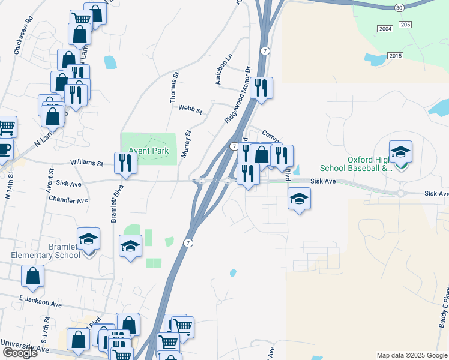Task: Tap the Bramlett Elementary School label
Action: pyautogui.click(x=46, y=251)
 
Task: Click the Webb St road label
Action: pyautogui.click(x=191, y=110)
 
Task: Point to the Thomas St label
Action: pyautogui.click(x=173, y=86)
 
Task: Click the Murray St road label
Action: pyautogui.click(x=187, y=144)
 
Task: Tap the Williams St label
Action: pyautogui.click(x=86, y=163)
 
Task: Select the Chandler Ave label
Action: pyautogui.click(x=68, y=199)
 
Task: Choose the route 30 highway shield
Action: pyautogui.click(x=400, y=7)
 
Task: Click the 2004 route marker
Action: pyautogui.click(x=385, y=29)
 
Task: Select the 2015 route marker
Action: pyautogui.click(x=394, y=56)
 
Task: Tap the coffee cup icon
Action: pyautogui.click(x=4, y=149)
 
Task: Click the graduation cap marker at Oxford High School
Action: pyautogui.click(x=400, y=152)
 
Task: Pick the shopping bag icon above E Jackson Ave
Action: pyautogui.click(x=32, y=277)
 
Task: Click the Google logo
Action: pyautogui.click(x=19, y=353)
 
